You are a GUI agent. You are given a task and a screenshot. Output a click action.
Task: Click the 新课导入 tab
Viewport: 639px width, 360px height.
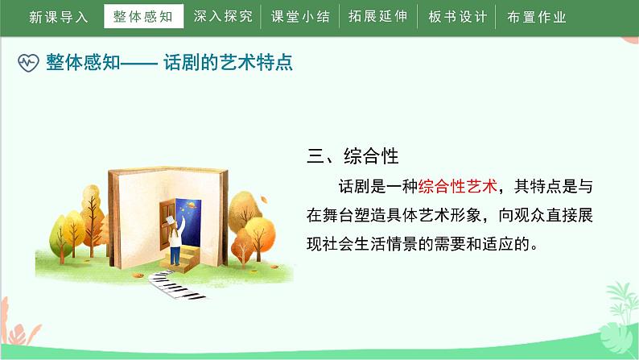[59, 17]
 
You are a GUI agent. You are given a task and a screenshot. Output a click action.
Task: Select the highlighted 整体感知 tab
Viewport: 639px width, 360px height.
[144, 17]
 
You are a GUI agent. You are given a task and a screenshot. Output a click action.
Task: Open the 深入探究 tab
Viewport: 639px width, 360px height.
[222, 17]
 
